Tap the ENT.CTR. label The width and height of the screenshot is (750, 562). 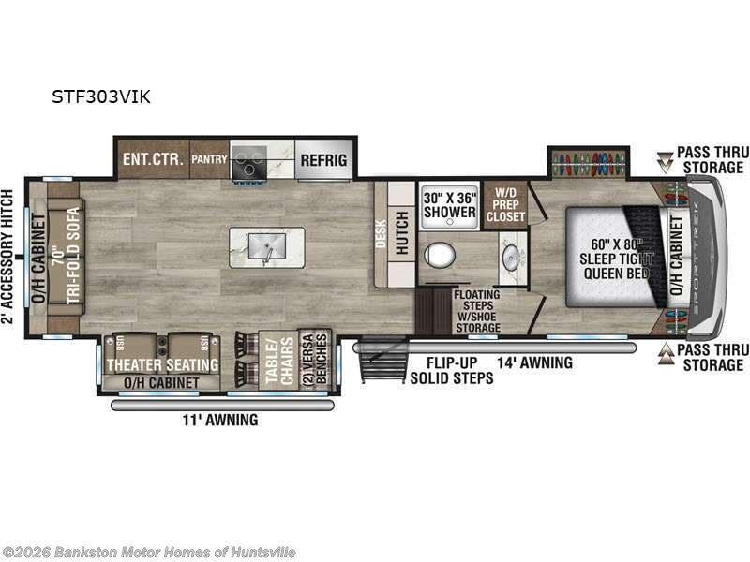pos(151,159)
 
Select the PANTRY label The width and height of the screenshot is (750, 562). pos(209,160)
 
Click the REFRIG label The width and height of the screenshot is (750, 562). pos(323,160)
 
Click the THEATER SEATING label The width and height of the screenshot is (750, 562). pos(161,364)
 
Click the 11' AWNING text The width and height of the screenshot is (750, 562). pos(220,420)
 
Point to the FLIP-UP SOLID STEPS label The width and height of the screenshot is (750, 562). pos(451,370)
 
